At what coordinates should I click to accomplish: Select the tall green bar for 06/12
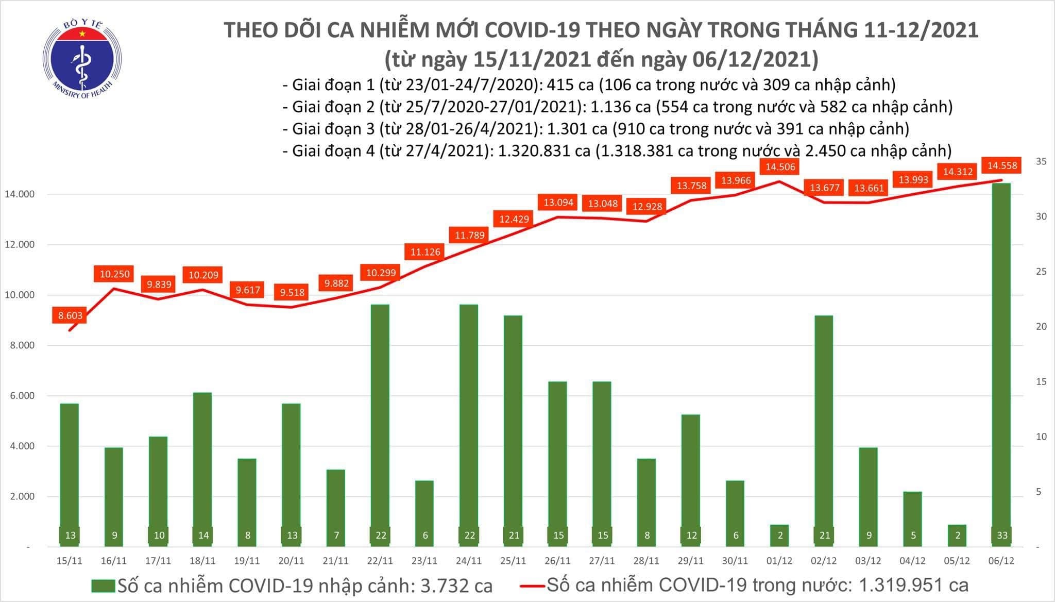pyautogui.click(x=1001, y=361)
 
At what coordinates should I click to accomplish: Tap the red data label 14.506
pyautogui.click(x=780, y=166)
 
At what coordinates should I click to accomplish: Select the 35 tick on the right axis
pyautogui.click(x=1027, y=162)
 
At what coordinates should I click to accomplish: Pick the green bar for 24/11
pyautogui.click(x=469, y=423)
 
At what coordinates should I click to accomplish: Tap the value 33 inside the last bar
pyautogui.click(x=1001, y=536)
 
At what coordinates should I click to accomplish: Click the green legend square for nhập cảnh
pyautogui.click(x=104, y=586)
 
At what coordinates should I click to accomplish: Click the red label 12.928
pyautogui.click(x=647, y=207)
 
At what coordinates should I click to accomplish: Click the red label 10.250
pyautogui.click(x=114, y=274)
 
